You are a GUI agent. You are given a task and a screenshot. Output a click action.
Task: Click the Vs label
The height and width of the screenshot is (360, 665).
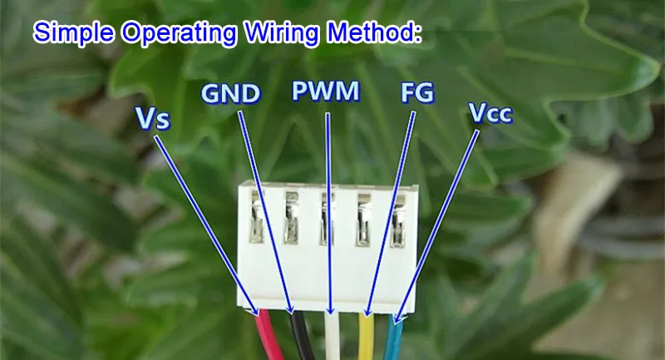pos(153,118)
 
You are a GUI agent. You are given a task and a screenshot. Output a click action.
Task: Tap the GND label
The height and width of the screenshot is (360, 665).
pos(230,94)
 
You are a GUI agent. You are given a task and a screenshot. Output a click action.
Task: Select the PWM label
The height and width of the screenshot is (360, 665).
pos(326,91)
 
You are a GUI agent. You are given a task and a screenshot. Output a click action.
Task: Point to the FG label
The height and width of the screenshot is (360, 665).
pos(417,93)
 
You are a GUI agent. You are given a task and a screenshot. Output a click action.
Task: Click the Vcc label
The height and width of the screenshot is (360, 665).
pos(490,112)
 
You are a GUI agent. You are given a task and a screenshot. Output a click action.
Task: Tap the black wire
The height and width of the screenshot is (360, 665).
pos(302,336)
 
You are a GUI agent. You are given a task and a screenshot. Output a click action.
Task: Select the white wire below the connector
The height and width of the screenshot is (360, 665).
pos(332,336)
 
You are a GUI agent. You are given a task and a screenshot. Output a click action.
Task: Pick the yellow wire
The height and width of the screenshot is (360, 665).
pos(367,337)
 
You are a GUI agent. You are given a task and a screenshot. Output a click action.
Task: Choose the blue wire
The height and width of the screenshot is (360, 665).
pos(394,337)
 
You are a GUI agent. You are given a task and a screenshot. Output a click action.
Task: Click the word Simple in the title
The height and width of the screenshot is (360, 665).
pos(74,32)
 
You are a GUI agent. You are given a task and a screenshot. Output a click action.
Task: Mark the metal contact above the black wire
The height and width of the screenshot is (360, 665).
pos(292,218)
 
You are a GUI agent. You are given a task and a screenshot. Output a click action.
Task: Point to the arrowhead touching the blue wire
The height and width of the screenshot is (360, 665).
pos(397,318)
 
